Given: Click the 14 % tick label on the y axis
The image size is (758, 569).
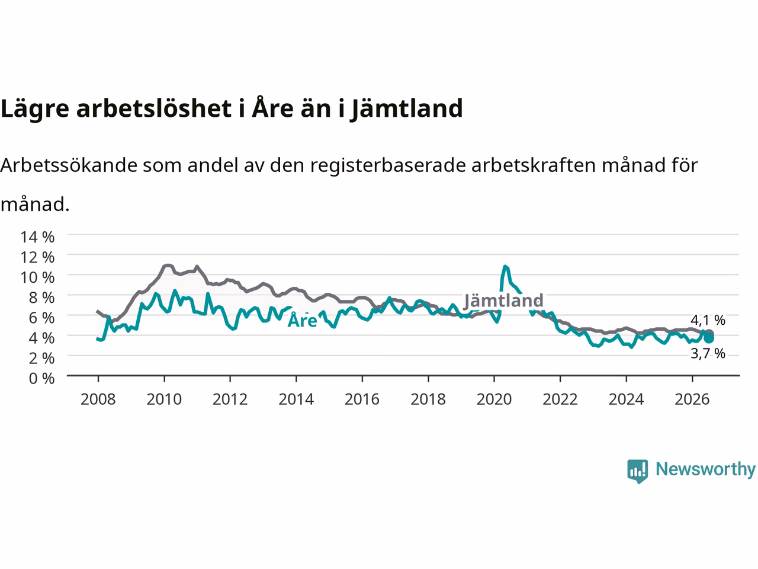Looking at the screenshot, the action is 37,237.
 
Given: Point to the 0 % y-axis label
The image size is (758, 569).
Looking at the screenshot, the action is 41,379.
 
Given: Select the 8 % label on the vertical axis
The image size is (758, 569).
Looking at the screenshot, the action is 41,298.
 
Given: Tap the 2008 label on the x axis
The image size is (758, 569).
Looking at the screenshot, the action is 98,399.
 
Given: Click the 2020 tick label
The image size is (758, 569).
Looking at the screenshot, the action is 494,399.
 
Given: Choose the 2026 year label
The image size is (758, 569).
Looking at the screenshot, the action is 692,399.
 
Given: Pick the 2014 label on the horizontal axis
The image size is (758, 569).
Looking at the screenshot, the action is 296,399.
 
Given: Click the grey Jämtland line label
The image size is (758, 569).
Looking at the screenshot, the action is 503,301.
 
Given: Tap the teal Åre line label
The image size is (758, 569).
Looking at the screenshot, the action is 303,320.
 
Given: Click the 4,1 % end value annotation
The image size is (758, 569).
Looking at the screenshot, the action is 708,320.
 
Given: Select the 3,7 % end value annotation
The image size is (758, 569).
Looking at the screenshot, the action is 708,354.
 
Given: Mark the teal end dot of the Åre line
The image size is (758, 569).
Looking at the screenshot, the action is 709,338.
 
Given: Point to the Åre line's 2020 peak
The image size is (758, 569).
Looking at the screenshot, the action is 505,266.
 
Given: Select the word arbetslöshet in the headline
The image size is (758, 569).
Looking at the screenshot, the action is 154,108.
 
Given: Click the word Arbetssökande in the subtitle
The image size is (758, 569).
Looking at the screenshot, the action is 69,165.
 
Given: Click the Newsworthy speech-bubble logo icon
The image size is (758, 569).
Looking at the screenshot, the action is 637,471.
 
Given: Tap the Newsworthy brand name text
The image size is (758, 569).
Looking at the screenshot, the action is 705,469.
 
